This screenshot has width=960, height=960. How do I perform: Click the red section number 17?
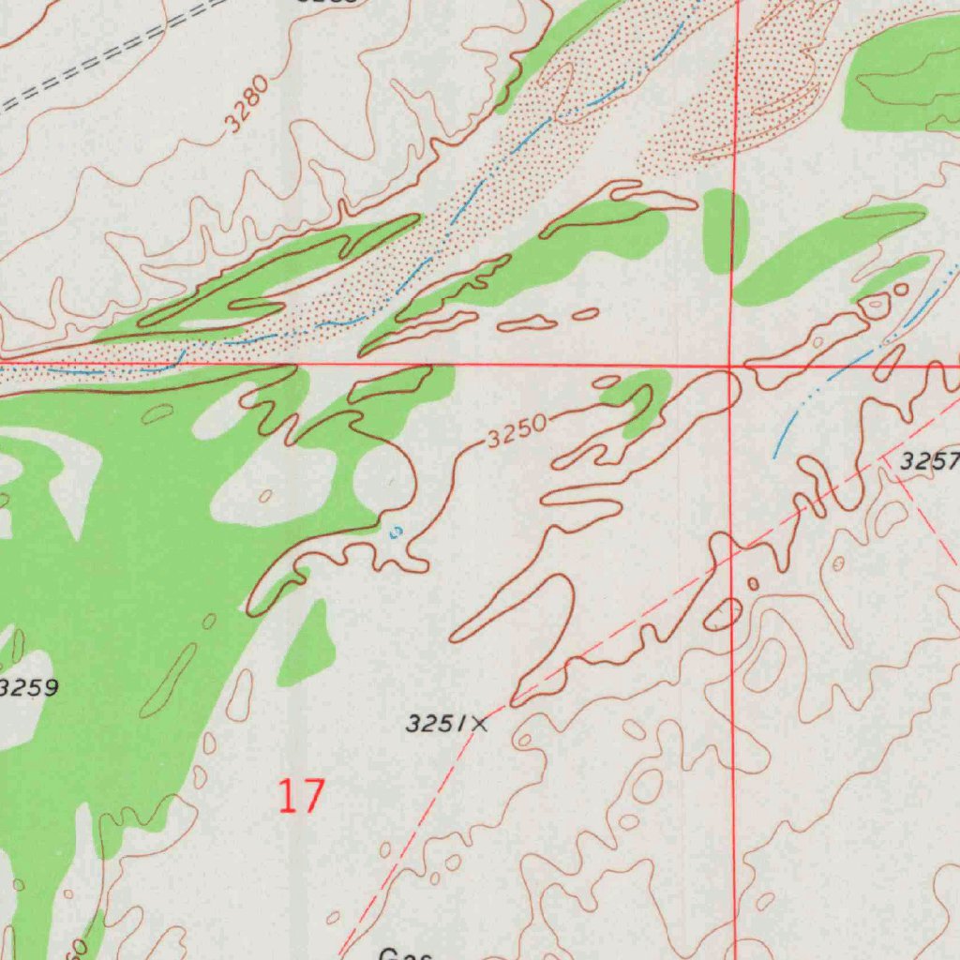(302, 796)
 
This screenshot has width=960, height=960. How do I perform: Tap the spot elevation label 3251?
(435, 723)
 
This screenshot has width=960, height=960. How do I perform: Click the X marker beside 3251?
(480, 723)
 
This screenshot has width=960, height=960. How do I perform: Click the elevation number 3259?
(28, 688)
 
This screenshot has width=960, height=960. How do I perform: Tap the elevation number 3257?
(928, 461)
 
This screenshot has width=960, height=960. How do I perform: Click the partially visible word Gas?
(405, 953)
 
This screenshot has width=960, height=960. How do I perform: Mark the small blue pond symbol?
(396, 532)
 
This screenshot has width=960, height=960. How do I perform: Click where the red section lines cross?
(731, 365)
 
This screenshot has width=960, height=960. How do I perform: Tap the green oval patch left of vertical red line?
(723, 229)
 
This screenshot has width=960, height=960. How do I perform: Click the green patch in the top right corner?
(900, 75)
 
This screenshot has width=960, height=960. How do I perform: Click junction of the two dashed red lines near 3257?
(889, 459)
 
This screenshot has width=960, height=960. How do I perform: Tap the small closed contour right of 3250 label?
(606, 382)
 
